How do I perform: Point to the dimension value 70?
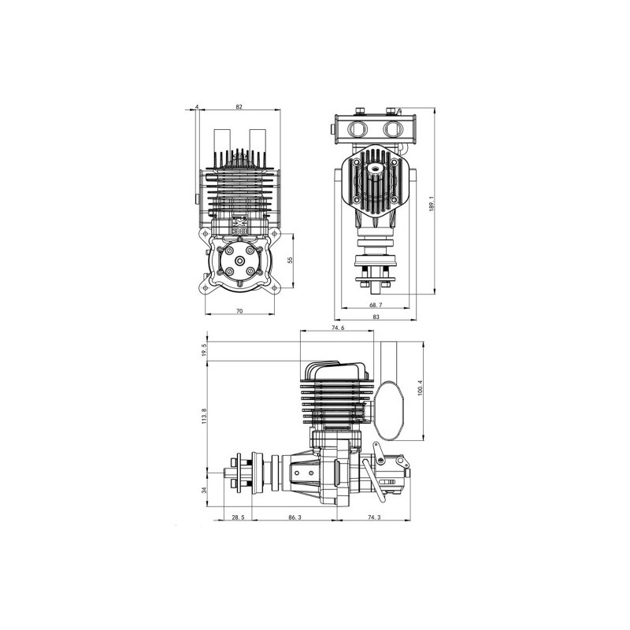(239, 312)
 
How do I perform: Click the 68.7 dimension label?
(375, 304)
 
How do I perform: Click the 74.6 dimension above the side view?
(339, 328)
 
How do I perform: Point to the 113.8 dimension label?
(204, 416)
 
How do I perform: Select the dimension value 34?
(204, 490)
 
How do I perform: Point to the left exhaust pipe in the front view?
(220, 146)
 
